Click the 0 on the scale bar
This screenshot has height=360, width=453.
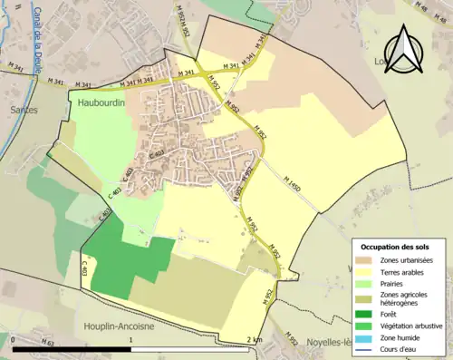[x=14, y=339]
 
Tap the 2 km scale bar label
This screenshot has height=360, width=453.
[x=254, y=339]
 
